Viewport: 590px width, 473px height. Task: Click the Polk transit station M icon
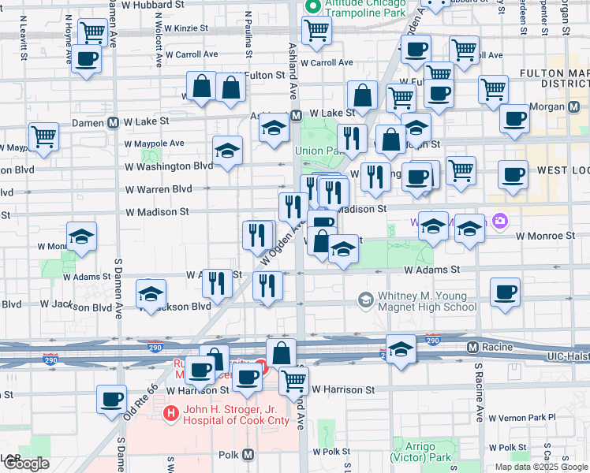pos(248,455)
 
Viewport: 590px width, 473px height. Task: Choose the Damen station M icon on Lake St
pos(114,122)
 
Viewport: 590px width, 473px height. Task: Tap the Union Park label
pos(316,151)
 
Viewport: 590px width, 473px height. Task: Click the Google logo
pos(25,464)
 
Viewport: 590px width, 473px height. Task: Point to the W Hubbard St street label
pos(159,4)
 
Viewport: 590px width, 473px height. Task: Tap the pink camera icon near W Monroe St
pos(499,222)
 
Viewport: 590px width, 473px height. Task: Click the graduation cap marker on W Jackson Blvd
pos(151,293)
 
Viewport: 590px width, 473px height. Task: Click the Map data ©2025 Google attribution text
pos(541,467)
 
